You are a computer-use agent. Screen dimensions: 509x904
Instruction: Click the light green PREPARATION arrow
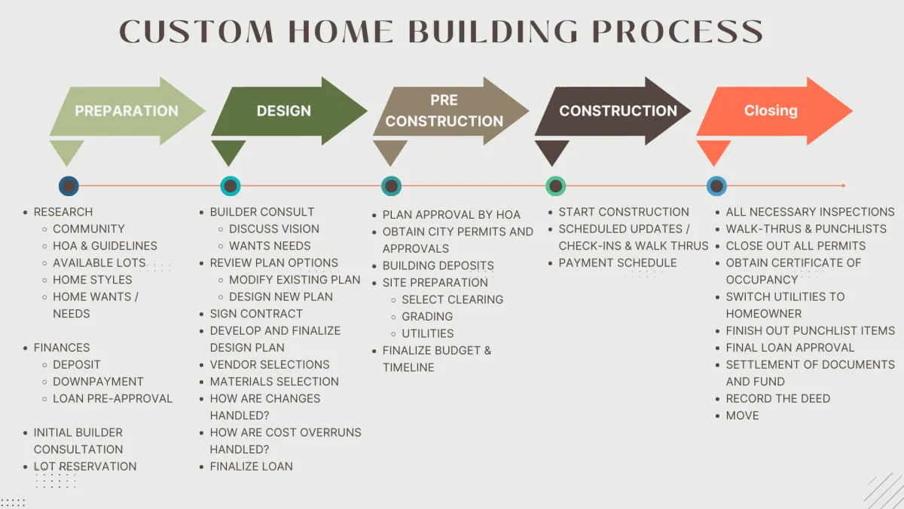[x=127, y=111]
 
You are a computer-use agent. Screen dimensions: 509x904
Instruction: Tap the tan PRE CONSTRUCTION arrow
[x=444, y=111]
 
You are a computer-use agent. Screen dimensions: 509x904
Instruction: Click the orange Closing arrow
[x=771, y=111]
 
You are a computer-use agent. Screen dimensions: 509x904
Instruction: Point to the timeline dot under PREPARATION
[x=69, y=186]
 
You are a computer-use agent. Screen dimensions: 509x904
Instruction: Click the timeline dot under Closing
[x=716, y=186]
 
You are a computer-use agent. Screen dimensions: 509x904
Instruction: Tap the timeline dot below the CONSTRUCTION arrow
[x=555, y=186]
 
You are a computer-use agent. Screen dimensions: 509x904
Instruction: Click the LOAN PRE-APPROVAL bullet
[x=112, y=398]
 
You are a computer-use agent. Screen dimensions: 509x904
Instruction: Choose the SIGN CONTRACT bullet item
[x=256, y=314]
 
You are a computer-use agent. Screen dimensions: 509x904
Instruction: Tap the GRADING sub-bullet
[x=427, y=317]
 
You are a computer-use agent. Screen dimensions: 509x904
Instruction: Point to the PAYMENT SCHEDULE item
[x=618, y=263]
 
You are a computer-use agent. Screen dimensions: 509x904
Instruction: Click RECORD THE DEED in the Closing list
[x=777, y=398]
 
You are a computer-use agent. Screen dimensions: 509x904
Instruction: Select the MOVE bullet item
[x=742, y=415]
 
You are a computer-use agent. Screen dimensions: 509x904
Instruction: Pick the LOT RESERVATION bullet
[x=85, y=466]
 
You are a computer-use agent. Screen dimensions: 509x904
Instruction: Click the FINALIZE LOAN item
[x=251, y=466]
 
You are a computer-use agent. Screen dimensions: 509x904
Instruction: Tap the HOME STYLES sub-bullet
[x=92, y=280]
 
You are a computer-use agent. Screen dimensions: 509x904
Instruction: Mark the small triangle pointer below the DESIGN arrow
[x=228, y=152]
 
